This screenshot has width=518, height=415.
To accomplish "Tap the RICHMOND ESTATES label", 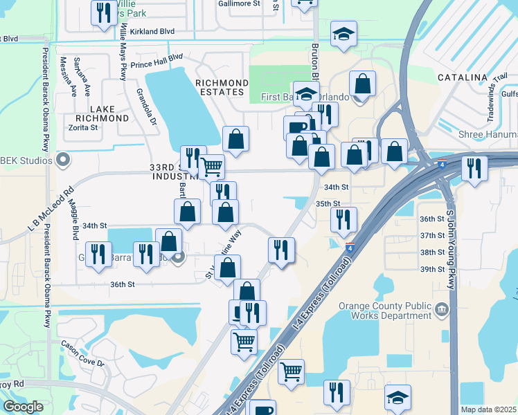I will pyautogui.click(x=221, y=86).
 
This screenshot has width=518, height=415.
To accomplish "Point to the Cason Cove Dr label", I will pyautogui.click(x=82, y=353).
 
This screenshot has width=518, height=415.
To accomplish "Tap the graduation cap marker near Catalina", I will pyautogui.click(x=343, y=35).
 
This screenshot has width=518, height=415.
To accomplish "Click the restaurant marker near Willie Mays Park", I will pyautogui.click(x=104, y=13).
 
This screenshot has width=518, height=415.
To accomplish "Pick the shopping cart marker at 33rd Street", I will pyautogui.click(x=211, y=166).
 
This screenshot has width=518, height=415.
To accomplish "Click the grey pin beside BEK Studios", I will pyautogui.click(x=63, y=160).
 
